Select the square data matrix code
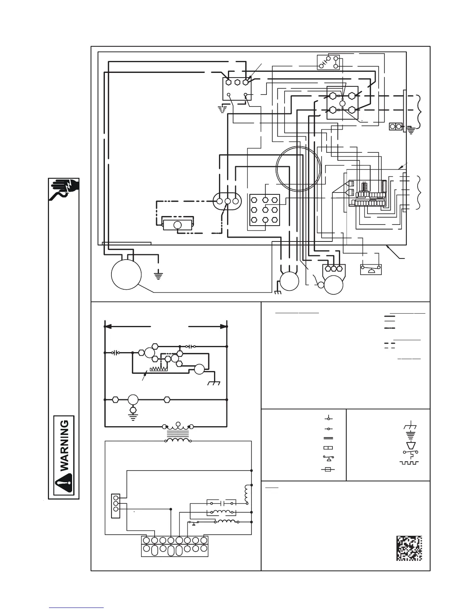click(x=409, y=548)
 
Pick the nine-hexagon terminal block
click(x=265, y=210)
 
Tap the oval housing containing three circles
click(x=227, y=201)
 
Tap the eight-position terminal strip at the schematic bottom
click(x=175, y=545)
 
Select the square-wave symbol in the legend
click(x=410, y=462)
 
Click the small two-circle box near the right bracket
click(x=396, y=127)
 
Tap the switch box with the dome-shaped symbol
click(x=371, y=269)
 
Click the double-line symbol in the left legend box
click(x=328, y=438)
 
